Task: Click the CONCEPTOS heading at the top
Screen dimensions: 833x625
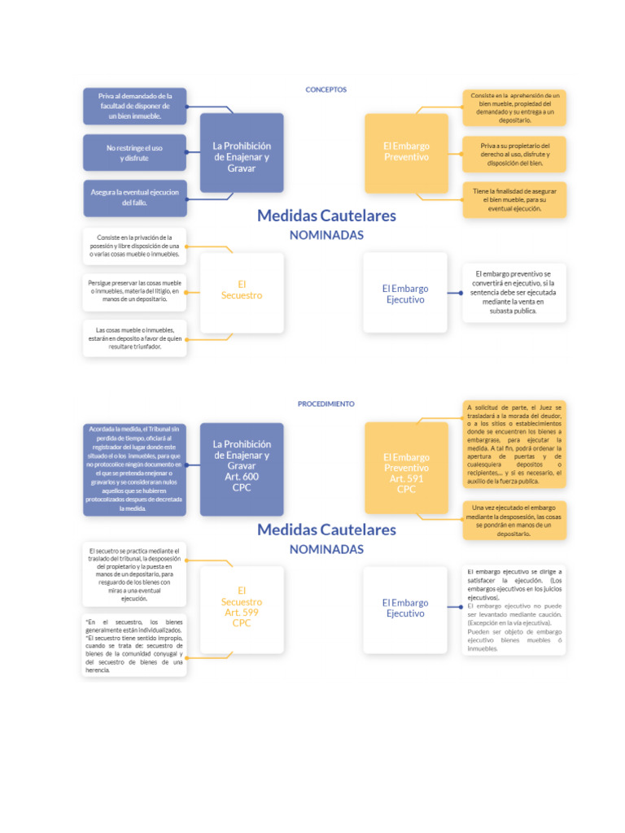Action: pos(326,89)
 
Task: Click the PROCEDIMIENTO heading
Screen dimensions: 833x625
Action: pos(326,403)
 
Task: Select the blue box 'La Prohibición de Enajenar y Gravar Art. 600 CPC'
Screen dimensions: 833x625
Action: pos(242,466)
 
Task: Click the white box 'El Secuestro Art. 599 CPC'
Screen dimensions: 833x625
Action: pos(242,607)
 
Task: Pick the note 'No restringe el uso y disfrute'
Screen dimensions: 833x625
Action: pos(134,153)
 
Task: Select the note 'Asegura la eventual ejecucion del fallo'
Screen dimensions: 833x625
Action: pos(134,198)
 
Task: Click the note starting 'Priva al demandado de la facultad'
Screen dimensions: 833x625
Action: pos(134,107)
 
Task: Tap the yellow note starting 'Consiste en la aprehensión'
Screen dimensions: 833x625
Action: pos(514,107)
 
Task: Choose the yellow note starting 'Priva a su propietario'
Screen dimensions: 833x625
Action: pos(514,154)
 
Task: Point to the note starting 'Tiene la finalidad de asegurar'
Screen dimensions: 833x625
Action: pos(514,198)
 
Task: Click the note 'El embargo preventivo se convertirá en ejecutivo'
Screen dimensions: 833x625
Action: pos(513,292)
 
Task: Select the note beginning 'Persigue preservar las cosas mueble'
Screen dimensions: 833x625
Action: pos(134,291)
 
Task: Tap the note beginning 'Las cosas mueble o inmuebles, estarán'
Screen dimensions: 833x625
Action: pos(134,338)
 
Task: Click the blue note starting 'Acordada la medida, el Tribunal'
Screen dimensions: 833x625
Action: pos(134,469)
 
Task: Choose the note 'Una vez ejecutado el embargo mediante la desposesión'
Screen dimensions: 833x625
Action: pos(514,520)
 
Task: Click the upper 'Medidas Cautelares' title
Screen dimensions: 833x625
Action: pos(326,216)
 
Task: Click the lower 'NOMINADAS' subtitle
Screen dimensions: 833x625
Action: pos(326,549)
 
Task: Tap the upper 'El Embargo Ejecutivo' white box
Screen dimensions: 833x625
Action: pos(405,293)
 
